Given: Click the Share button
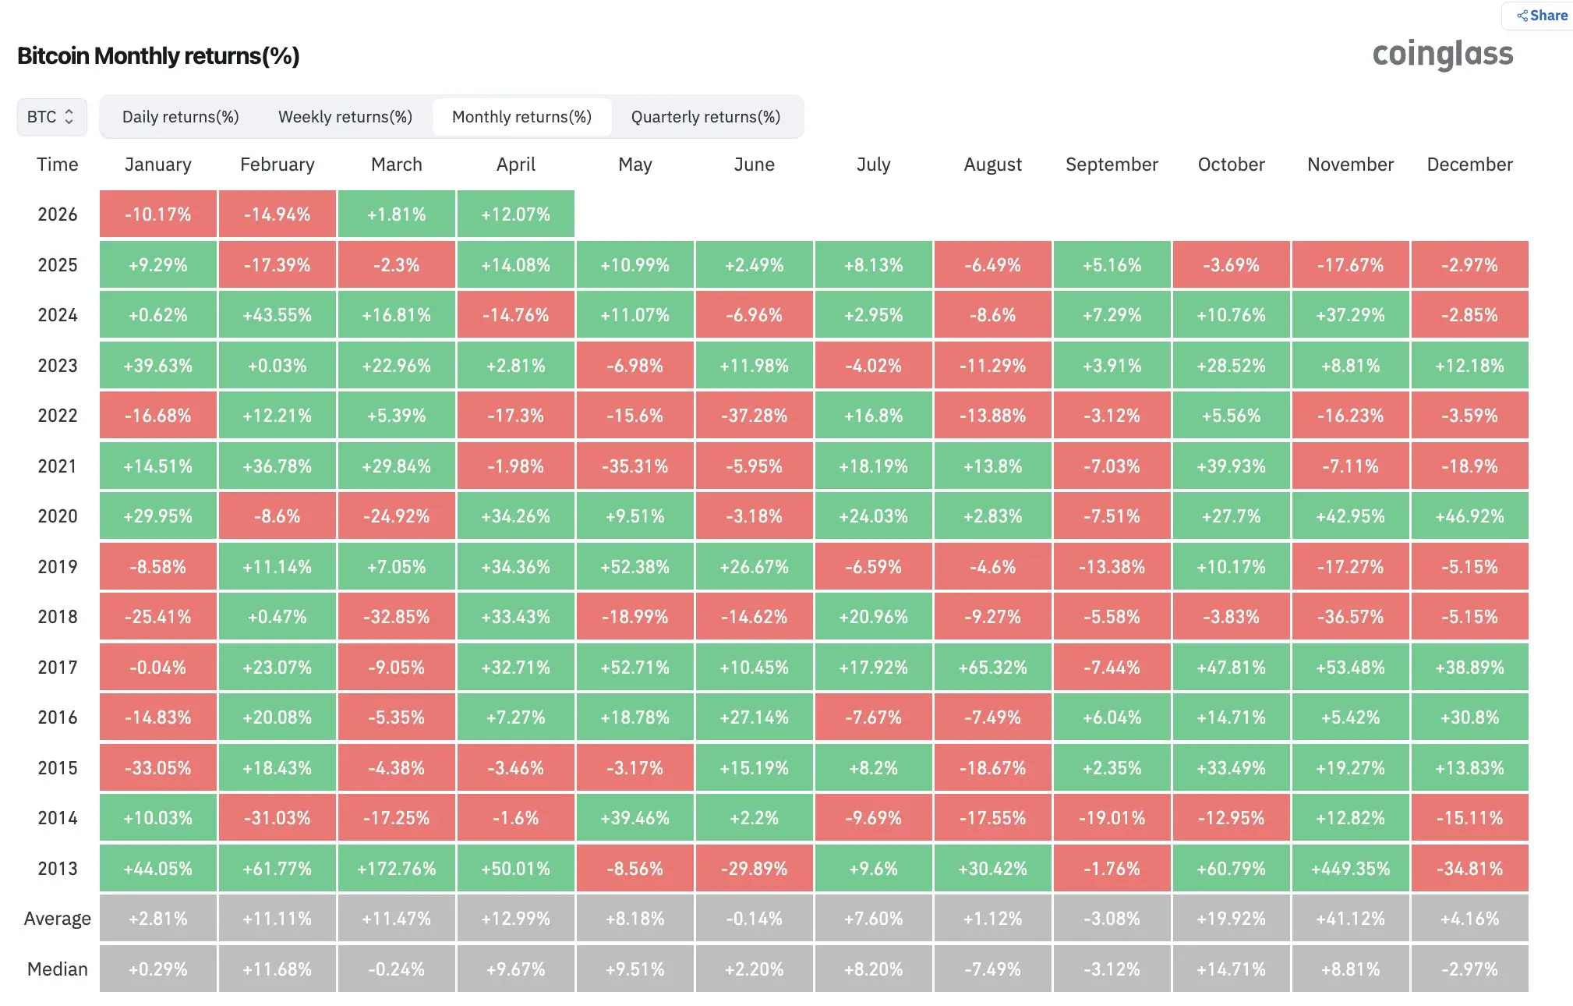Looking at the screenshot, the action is (x=1541, y=16).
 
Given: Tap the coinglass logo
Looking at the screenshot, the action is (x=1443, y=55).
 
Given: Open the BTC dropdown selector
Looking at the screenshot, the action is (x=51, y=117).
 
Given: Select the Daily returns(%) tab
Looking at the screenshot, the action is (x=181, y=117).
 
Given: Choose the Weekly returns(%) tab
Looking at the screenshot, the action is (x=345, y=117).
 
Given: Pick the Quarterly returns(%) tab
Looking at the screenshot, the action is (x=706, y=117).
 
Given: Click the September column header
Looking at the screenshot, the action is (x=1112, y=165).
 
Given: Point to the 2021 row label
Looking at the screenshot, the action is (x=58, y=466).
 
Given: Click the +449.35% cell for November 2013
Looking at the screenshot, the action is (x=1351, y=868).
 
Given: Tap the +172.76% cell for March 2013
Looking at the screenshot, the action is (x=397, y=868).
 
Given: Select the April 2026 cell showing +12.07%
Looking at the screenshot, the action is (x=516, y=214).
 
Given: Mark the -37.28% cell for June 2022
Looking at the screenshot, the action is (x=755, y=416).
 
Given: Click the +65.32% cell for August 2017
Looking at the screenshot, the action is (x=993, y=667).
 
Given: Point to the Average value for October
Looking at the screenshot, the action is (x=1232, y=919).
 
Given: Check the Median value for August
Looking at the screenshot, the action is (x=993, y=969).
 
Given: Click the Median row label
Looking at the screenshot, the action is (x=58, y=969).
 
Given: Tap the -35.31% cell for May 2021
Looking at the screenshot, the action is (x=635, y=466).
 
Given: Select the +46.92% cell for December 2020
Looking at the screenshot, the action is (x=1470, y=516).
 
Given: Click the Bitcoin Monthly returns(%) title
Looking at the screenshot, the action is (x=158, y=56).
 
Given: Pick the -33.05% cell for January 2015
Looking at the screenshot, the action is (x=158, y=767).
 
